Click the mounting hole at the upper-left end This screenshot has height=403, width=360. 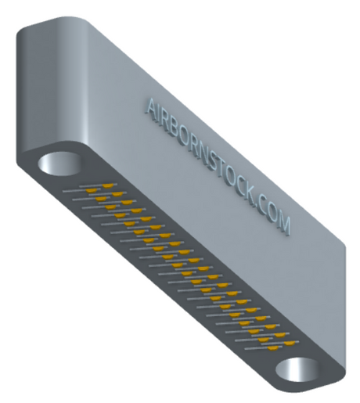(59, 164)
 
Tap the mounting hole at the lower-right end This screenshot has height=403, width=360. (297, 369)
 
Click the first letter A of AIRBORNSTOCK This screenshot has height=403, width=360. (151, 109)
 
